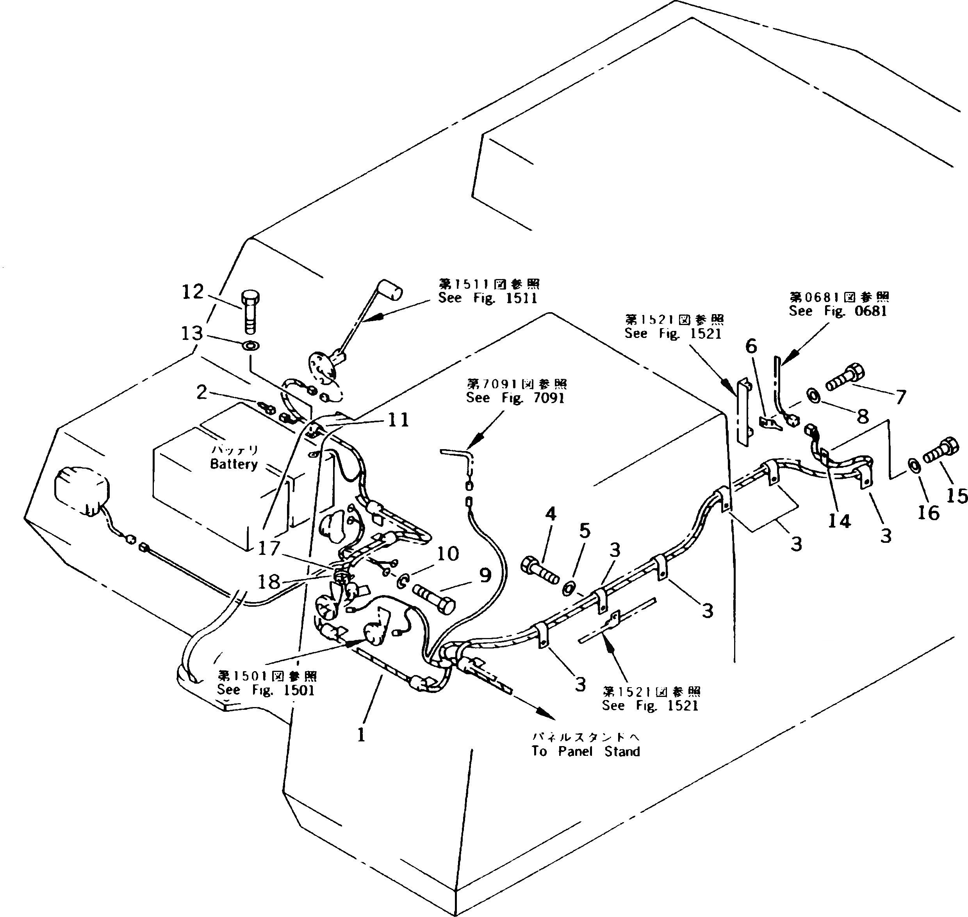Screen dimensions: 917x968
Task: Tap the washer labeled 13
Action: [250, 346]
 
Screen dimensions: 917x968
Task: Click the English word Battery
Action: [234, 464]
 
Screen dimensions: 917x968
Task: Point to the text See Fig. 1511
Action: [488, 298]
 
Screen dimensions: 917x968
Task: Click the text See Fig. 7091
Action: [515, 398]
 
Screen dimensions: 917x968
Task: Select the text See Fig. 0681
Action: [838, 311]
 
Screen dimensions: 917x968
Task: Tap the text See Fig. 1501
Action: [266, 690]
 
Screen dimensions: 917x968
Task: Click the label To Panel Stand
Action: [585, 751]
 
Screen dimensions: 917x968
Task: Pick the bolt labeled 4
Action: [540, 570]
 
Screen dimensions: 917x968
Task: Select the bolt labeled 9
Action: [434, 599]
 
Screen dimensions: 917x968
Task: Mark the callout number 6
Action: [751, 346]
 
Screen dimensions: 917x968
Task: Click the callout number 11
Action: [398, 420]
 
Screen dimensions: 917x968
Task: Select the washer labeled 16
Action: [913, 465]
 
